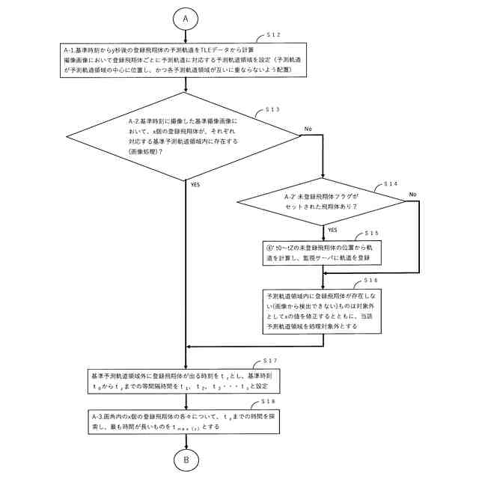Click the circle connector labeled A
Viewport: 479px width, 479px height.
pyautogui.click(x=186, y=17)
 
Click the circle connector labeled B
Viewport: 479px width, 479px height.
pyautogui.click(x=186, y=460)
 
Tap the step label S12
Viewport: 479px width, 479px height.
pyautogui.click(x=275, y=35)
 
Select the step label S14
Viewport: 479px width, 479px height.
pyautogui.click(x=391, y=183)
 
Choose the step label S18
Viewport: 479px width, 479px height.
pyautogui.click(x=274, y=402)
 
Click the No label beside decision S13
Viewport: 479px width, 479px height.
pyautogui.click(x=308, y=129)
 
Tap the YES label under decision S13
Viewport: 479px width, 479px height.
pyautogui.click(x=195, y=184)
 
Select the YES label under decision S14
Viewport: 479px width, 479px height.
pyautogui.click(x=333, y=231)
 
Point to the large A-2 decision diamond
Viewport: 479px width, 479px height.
pyautogui.click(x=183, y=135)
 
